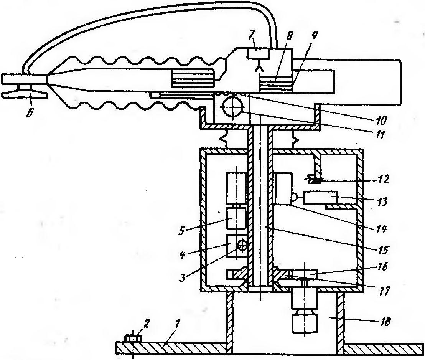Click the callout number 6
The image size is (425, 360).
click(x=29, y=112)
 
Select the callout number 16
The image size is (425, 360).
click(x=382, y=267)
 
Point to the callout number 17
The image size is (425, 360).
click(x=384, y=291)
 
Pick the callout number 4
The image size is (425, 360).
click(x=183, y=255)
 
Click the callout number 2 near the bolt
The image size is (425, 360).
click(x=147, y=324)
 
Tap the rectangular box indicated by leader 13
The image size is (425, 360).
click(x=321, y=198)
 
